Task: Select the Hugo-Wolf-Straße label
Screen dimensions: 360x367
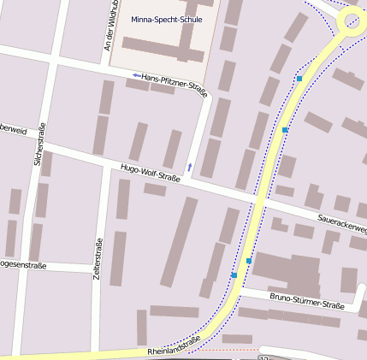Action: point(150,173)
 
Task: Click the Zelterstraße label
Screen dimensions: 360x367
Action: point(98,259)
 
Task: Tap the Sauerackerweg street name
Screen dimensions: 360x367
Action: point(341,223)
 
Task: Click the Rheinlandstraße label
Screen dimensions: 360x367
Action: point(174,345)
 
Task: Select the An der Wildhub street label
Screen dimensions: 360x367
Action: point(110,26)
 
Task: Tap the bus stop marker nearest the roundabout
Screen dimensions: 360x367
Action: point(299,79)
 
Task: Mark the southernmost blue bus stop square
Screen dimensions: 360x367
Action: point(234,275)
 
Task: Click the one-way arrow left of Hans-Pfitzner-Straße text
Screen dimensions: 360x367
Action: point(136,77)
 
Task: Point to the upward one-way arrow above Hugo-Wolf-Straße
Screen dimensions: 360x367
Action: point(189,165)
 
